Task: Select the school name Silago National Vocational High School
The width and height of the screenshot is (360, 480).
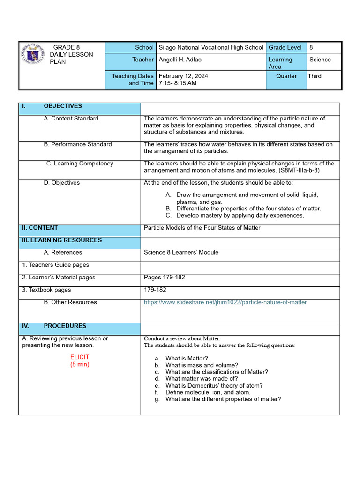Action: [x=211, y=47]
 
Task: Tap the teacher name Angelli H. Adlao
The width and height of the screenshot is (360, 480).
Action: [x=180, y=60]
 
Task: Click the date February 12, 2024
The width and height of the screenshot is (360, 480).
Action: [x=184, y=76]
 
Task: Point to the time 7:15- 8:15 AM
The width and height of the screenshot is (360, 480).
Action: [x=178, y=83]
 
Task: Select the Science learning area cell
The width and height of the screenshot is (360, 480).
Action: [x=320, y=60]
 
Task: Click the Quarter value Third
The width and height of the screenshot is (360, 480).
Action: [x=315, y=76]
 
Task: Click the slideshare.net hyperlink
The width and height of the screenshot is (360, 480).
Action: [x=225, y=302]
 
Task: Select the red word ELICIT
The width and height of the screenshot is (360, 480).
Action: [x=80, y=357]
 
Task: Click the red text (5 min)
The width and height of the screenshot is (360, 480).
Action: [x=80, y=364]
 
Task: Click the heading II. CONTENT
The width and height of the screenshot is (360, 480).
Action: [x=40, y=228]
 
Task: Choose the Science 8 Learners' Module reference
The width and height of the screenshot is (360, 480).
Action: [x=181, y=252]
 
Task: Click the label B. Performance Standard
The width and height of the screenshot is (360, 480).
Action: [x=78, y=144]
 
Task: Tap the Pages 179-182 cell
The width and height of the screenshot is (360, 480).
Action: [x=165, y=277]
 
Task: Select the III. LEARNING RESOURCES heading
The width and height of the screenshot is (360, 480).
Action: [x=61, y=240]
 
